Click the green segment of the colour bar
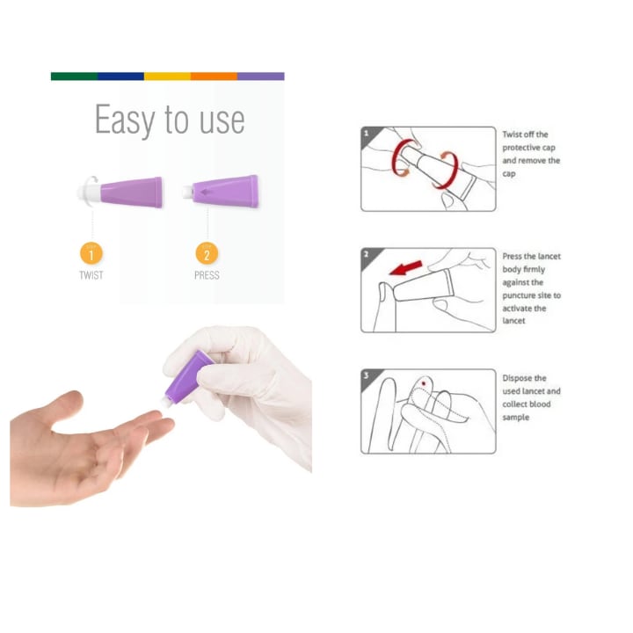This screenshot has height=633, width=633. point(74,76)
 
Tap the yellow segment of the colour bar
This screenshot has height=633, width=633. point(168,76)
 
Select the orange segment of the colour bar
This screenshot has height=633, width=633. point(214,76)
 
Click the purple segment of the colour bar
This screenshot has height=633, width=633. point(261,76)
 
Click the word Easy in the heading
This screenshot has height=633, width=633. point(125,120)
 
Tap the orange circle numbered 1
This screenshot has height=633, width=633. point(91,253)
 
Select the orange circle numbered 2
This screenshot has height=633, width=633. point(207,253)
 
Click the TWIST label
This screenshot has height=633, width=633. point(91,275)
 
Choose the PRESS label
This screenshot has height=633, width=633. point(207,275)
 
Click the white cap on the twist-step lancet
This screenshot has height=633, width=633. point(90,193)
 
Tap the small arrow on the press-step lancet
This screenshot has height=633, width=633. point(207,193)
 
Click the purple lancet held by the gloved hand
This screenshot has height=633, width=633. point(188,378)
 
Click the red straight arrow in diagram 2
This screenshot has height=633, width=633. point(406,268)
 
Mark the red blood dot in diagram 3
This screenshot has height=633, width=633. point(424,383)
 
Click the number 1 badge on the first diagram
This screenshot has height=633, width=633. point(367,134)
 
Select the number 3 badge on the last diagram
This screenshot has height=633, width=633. point(367,375)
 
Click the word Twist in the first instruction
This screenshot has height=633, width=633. point(513,135)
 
